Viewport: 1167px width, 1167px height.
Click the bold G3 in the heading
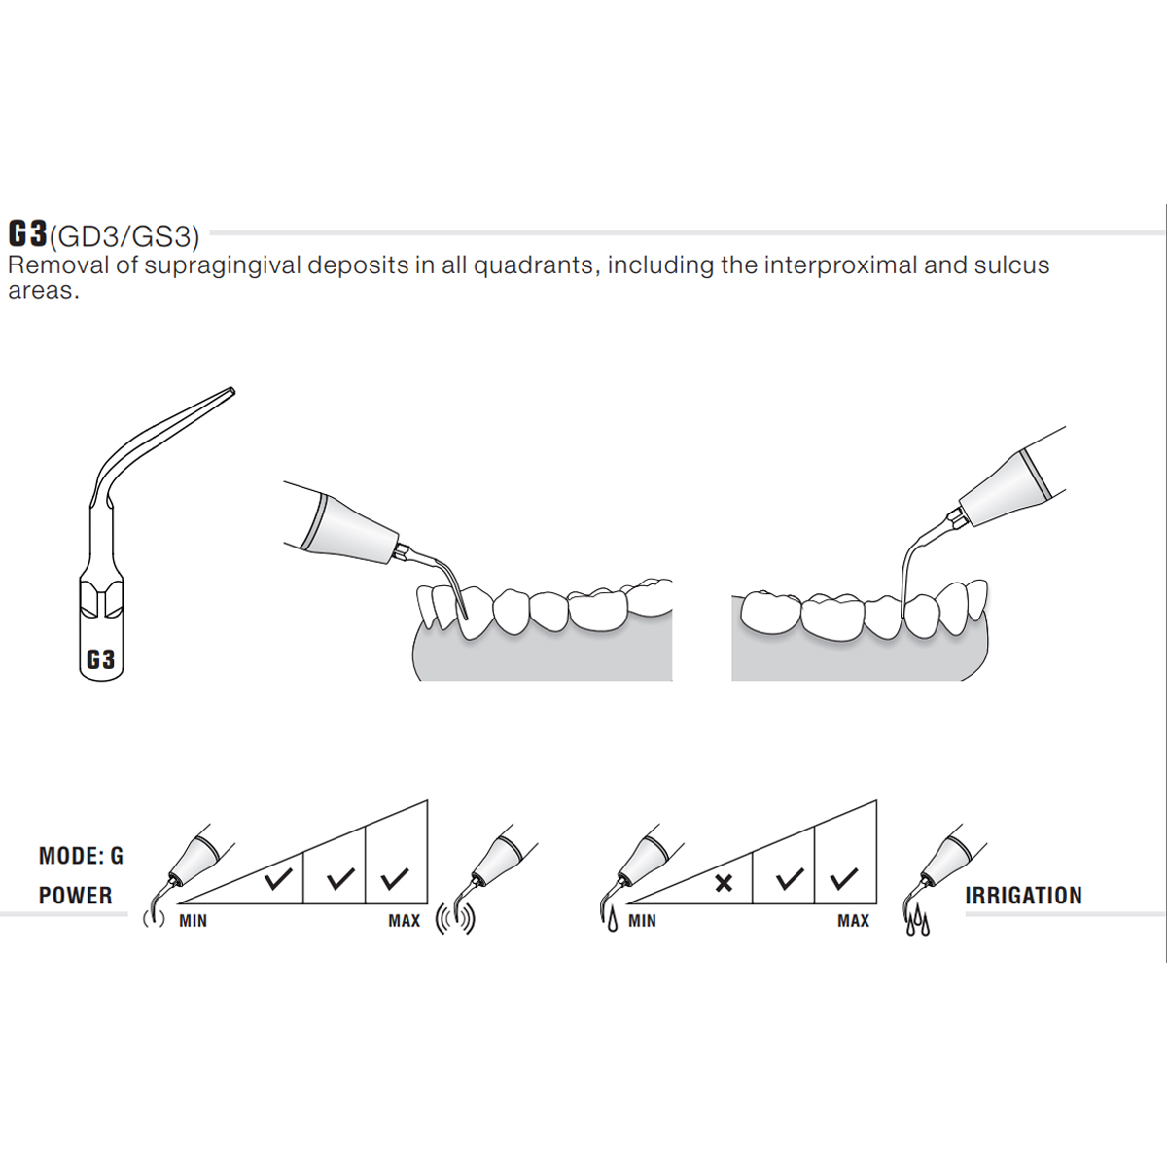(27, 233)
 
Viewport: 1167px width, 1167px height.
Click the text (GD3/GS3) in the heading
(124, 236)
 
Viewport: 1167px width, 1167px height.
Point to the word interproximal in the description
(840, 266)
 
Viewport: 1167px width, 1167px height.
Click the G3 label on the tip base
(100, 659)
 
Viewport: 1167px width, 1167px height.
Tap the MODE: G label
(81, 856)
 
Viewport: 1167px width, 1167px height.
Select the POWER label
(76, 896)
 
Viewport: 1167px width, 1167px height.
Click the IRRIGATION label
(1023, 896)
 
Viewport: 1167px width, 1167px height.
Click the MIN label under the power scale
(194, 921)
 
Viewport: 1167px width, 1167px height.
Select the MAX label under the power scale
(404, 921)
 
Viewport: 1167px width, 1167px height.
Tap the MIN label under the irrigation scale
(642, 921)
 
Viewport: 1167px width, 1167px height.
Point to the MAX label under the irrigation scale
(853, 921)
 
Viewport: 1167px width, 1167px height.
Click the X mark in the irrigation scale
(724, 884)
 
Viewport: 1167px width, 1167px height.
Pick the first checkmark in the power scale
(278, 879)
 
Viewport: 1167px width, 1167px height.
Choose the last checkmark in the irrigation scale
(843, 879)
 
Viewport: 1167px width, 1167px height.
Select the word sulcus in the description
(1011, 265)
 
